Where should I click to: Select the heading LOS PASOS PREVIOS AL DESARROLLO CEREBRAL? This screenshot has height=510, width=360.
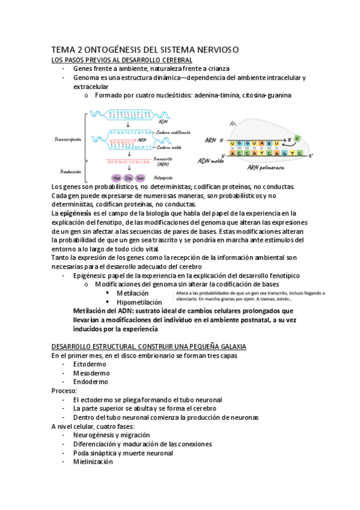click(x=121, y=60)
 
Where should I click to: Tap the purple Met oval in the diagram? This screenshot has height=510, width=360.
click(x=116, y=177)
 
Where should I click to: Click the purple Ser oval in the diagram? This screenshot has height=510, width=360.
click(x=140, y=177)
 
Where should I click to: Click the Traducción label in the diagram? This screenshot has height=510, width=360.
click(x=68, y=171)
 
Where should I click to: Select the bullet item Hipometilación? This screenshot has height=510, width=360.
click(x=139, y=302)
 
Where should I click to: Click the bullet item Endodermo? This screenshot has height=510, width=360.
click(x=91, y=381)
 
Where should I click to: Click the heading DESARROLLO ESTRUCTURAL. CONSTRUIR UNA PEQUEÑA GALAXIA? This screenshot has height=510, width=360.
click(x=149, y=347)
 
